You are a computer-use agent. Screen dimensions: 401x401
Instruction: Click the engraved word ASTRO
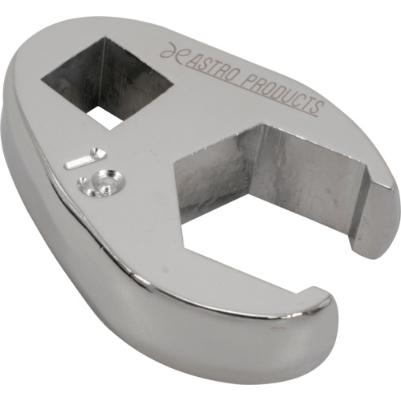pos(210,67)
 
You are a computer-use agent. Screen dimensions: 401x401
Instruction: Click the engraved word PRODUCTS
pos(281,94)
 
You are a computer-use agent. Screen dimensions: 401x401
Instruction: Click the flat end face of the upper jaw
pos(375,222)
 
